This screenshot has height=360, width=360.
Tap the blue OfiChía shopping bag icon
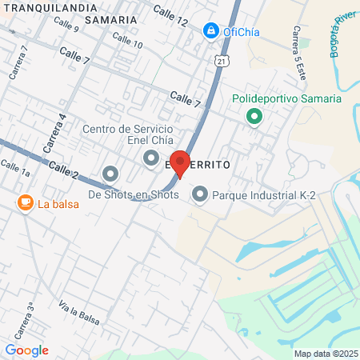coord(211,31)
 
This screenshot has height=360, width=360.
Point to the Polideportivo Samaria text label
coord(286,99)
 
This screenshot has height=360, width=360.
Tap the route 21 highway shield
coord(221,59)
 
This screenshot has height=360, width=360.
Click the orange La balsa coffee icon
coord(25,202)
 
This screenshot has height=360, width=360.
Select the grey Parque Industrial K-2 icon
coord(200,194)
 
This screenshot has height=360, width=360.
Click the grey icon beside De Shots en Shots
coord(110,174)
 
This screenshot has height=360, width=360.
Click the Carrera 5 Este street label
coord(298,46)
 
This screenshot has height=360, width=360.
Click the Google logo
coord(26,350)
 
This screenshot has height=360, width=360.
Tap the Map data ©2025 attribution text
coord(326,354)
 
